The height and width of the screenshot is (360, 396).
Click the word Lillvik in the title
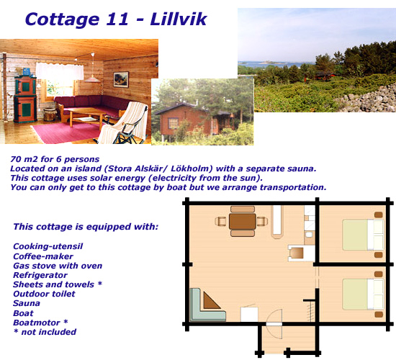tap(179, 19)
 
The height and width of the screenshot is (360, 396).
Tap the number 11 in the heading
tap(117, 19)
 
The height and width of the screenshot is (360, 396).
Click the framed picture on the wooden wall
tap(121, 80)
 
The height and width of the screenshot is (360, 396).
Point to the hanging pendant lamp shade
tap(92, 79)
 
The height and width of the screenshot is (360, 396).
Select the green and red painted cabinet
tap(25, 98)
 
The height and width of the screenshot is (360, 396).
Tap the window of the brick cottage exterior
tap(174, 124)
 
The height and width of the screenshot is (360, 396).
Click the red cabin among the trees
tap(320, 76)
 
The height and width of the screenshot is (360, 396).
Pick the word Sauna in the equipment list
tap(27, 303)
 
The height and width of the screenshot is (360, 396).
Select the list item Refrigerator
tap(40, 275)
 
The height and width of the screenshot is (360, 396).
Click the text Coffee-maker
tap(43, 256)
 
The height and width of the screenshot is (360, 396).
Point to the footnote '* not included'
tap(45, 332)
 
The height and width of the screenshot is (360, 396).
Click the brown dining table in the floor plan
tap(243, 222)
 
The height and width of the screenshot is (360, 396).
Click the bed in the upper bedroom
tap(363, 235)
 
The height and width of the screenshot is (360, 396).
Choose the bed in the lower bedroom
tap(363, 294)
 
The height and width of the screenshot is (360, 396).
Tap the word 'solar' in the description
tap(100, 178)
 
